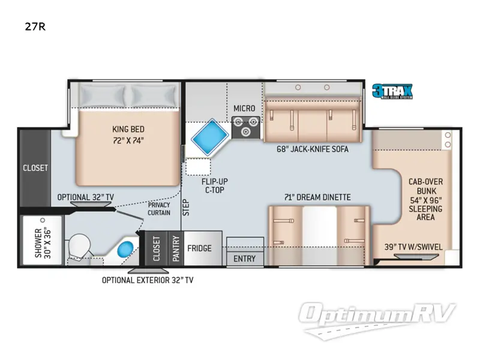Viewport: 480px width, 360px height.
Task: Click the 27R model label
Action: point(35,27)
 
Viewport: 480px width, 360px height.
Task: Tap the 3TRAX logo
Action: point(392,91)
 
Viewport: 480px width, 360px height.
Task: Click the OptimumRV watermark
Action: point(377,320)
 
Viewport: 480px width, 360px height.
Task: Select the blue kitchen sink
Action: point(210,137)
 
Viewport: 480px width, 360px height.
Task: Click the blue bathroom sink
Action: point(125,250)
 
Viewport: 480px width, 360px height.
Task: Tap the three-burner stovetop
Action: point(245,127)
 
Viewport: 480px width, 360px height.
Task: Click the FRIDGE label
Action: point(199,248)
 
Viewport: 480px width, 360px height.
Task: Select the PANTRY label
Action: point(176,248)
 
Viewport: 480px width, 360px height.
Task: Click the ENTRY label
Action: point(244,259)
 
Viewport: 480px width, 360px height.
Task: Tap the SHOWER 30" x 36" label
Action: point(43,243)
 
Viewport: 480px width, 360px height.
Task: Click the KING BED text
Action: point(128,129)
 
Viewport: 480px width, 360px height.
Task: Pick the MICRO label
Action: point(244,109)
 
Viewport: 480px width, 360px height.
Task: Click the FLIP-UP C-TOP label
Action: point(215,186)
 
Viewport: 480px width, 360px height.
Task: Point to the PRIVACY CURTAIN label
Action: point(159,209)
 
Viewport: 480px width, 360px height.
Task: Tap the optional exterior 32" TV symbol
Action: point(148,271)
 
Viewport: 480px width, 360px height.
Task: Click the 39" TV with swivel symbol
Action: point(416,256)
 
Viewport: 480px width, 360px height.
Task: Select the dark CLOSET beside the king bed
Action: point(35,168)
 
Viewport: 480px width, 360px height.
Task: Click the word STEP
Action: point(186,208)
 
